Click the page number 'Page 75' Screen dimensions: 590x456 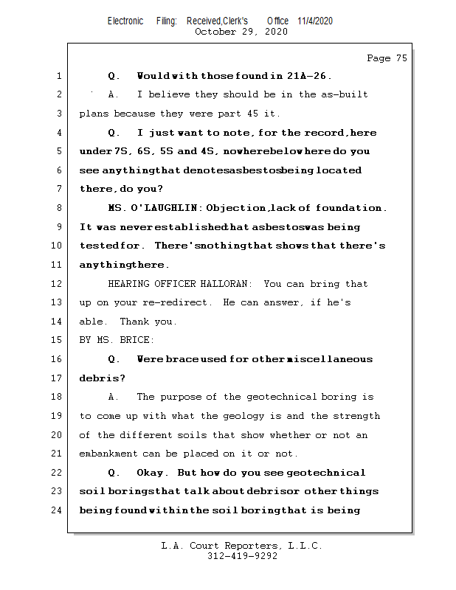point(387,58)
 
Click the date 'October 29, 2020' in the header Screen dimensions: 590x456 point(241,32)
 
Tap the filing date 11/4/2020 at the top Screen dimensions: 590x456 point(315,21)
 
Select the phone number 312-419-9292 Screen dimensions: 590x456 point(242,557)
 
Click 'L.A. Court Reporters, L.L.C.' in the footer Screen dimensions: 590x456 point(242,546)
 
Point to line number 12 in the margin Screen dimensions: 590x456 point(58,284)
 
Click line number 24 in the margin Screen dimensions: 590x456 point(58,510)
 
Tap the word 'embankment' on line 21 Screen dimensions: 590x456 point(108,454)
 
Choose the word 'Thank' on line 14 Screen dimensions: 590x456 point(134,322)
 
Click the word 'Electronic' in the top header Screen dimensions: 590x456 point(125,21)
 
